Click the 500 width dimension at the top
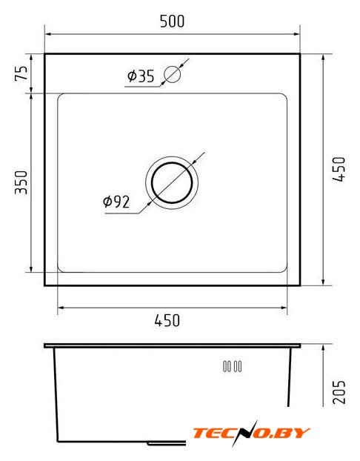(172, 21)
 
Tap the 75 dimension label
(21, 73)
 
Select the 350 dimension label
(21, 182)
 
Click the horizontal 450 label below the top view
(167, 320)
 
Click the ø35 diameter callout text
(141, 76)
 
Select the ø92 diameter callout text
(116, 202)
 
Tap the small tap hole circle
(172, 74)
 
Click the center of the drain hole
(172, 182)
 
